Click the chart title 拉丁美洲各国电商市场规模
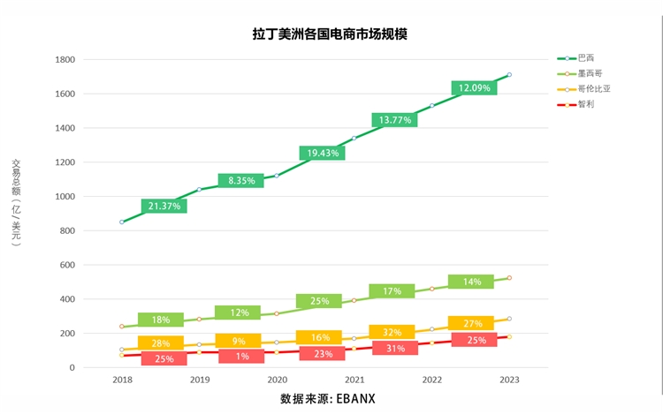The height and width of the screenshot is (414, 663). pyautogui.click(x=329, y=34)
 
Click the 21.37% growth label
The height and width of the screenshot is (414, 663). pyautogui.click(x=164, y=206)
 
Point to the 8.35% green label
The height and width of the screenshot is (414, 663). pyautogui.click(x=240, y=181)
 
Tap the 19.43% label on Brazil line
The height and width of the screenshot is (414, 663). pyautogui.click(x=322, y=153)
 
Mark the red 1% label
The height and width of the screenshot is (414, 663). pyautogui.click(x=240, y=357)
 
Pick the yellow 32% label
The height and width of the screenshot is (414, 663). pyautogui.click(x=392, y=332)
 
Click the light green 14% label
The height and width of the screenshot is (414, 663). pyautogui.click(x=471, y=282)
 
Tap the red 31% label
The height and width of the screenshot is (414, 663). pyautogui.click(x=394, y=348)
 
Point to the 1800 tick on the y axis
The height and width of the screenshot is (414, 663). pyautogui.click(x=65, y=60)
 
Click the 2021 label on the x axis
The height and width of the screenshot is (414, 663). pyautogui.click(x=354, y=380)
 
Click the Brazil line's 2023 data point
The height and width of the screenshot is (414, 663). pyautogui.click(x=509, y=75)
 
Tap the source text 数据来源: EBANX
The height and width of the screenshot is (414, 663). pyautogui.click(x=328, y=399)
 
